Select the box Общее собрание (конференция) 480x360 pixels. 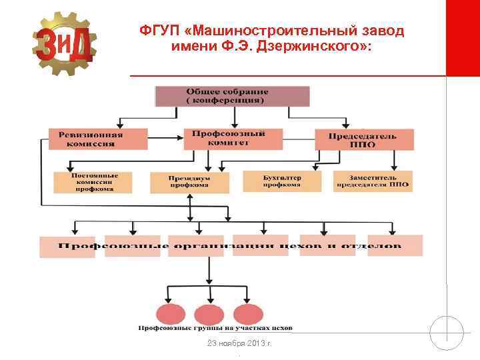pyautogui.click(x=233, y=96)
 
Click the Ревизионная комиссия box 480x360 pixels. pyautogui.click(x=97, y=139)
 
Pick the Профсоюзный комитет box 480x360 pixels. pyautogui.click(x=228, y=138)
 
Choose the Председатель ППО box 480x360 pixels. pyautogui.click(x=364, y=139)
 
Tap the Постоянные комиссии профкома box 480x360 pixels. pyautogui.click(x=93, y=182)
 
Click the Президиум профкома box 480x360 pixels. pyautogui.click(x=189, y=183)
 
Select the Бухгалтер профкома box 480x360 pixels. pyautogui.click(x=281, y=181)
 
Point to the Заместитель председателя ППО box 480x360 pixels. pyautogui.click(x=372, y=181)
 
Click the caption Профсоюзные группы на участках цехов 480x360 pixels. pyautogui.click(x=215, y=329)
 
